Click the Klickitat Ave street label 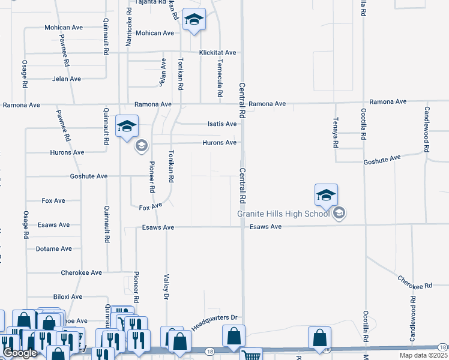(218, 53)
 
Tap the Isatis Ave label (222, 124)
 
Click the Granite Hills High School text (283, 213)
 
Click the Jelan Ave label (66, 79)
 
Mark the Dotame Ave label (54, 248)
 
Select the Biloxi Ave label (67, 296)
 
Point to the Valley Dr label (166, 286)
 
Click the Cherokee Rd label (417, 282)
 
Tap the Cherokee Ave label (82, 272)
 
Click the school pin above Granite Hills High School (326, 195)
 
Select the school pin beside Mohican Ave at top (194, 19)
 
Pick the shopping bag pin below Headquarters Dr (234, 337)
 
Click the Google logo (20, 353)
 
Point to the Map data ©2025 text (423, 355)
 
